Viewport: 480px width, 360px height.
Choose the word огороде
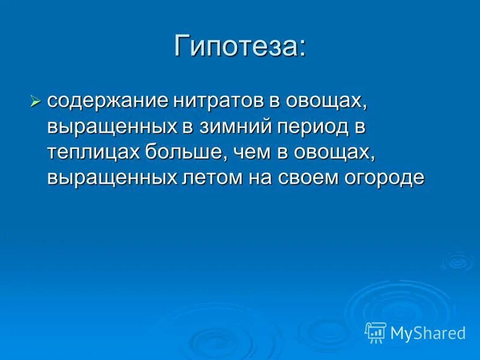coord(386,178)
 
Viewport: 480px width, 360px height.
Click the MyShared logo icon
coord(376,332)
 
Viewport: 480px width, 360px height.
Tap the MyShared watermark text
coord(427,332)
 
